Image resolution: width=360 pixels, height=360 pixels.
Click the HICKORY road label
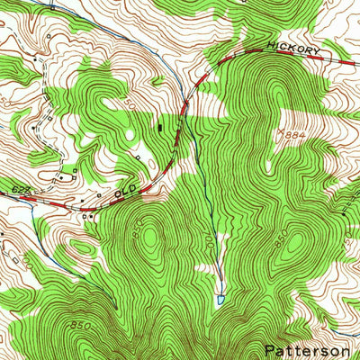pos(292,50)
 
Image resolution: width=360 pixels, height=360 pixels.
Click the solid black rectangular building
pos(161,127)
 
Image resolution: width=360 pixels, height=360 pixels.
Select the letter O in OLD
pos(118,193)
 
